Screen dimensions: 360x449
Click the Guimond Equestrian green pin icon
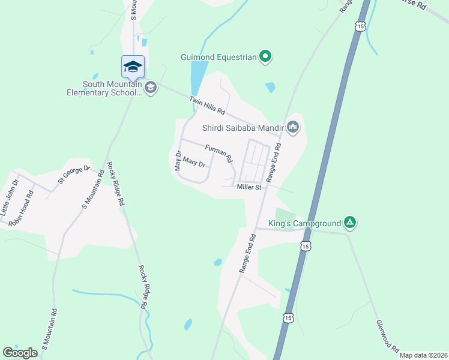click(x=265, y=58)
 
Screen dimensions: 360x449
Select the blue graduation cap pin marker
click(x=133, y=66)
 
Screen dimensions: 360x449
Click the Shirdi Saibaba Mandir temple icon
click(x=293, y=126)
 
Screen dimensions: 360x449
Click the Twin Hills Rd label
click(x=206, y=106)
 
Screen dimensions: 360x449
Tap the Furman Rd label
click(x=218, y=154)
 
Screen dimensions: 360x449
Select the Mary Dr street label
click(x=194, y=162)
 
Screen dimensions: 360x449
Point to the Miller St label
click(x=250, y=188)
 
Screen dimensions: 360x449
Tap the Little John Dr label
click(x=10, y=198)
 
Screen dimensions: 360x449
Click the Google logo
click(x=20, y=353)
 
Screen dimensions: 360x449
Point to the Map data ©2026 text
click(x=423, y=355)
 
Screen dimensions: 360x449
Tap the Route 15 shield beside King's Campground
click(x=306, y=246)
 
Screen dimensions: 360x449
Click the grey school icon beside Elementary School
click(x=150, y=88)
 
